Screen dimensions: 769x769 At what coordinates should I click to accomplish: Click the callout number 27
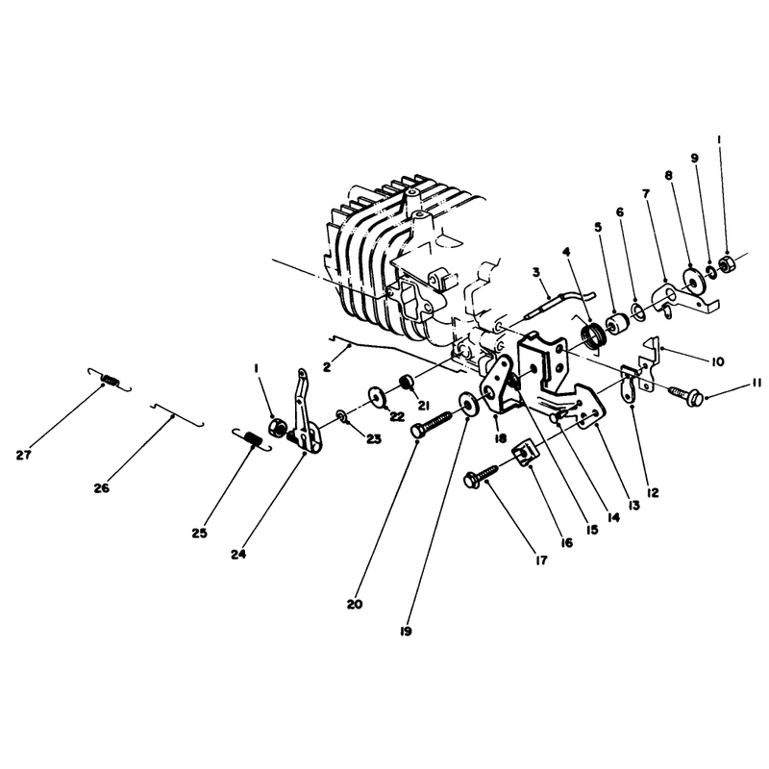pos(23,455)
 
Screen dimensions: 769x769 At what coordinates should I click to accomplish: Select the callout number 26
pos(102,488)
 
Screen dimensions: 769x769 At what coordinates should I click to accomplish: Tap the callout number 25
pos(200,533)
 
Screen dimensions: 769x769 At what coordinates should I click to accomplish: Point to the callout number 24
pos(238,555)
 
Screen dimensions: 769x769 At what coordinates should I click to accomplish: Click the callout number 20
pos(355,605)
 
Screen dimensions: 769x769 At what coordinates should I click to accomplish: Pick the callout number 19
pos(406,632)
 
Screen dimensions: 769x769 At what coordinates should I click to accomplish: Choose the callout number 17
pos(541,560)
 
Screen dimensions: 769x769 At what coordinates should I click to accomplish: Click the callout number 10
pos(717,362)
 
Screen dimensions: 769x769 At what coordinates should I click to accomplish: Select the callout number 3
pos(536,272)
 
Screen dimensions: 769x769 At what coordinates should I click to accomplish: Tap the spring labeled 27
pos(110,379)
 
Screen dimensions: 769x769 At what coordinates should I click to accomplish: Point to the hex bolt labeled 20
pos(432,423)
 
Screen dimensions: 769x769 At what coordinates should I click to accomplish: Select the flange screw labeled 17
pos(482,474)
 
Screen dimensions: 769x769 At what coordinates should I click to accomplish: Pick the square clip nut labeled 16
pos(523,455)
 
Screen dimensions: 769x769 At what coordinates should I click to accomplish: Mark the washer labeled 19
pos(468,405)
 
